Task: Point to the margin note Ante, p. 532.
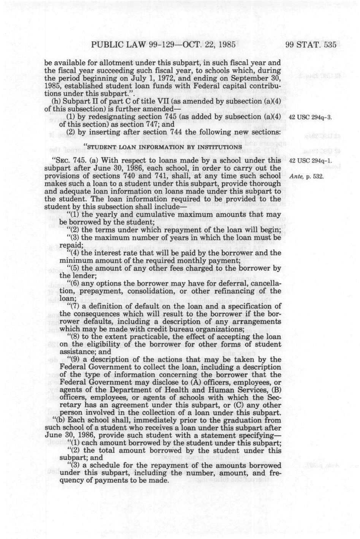(x=306, y=176)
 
